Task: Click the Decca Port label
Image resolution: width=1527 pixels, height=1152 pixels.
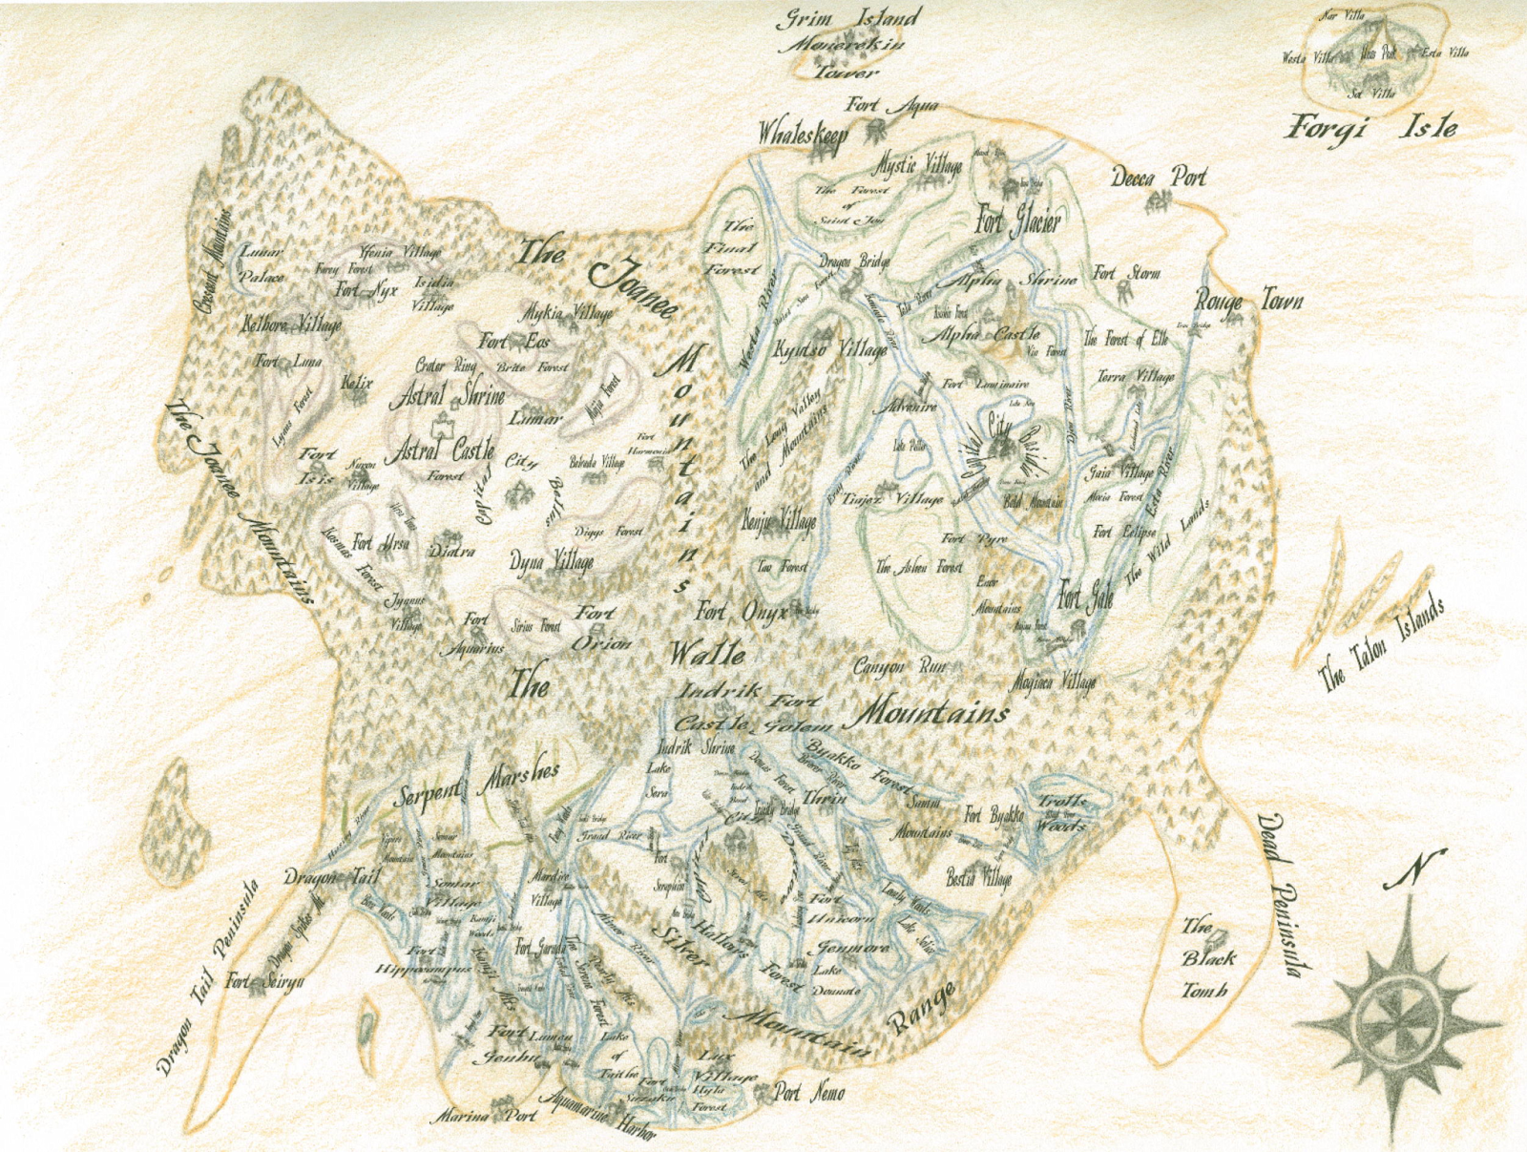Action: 1160,178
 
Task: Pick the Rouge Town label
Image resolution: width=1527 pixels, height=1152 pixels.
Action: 1248,302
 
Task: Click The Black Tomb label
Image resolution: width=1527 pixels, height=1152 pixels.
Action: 1207,958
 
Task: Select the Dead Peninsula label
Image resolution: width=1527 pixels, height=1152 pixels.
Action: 1279,893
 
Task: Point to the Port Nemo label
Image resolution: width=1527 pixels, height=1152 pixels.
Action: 808,1093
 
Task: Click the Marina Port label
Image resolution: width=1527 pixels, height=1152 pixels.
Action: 487,1115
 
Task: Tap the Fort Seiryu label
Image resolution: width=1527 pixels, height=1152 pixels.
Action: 264,980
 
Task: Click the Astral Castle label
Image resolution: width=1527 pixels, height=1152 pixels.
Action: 440,449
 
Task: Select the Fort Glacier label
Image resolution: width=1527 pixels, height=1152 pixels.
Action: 1017,222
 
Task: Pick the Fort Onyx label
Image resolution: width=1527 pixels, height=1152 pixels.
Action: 742,612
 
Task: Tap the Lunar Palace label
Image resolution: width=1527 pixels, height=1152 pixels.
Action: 261,265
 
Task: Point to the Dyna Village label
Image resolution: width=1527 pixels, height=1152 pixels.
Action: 552,562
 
